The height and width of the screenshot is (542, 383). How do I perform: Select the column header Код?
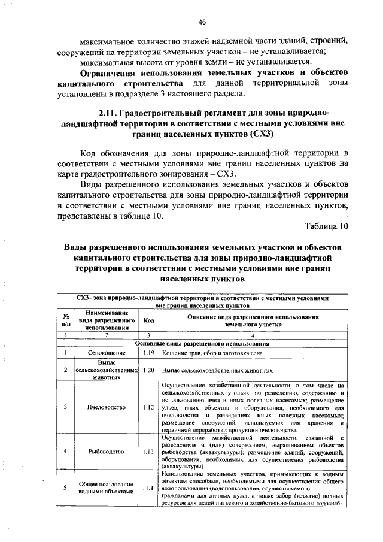click(x=149, y=320)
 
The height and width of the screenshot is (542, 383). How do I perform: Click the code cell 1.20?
click(x=149, y=370)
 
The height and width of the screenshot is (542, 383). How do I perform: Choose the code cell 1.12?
click(x=149, y=407)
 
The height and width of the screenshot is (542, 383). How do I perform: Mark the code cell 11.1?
click(x=149, y=488)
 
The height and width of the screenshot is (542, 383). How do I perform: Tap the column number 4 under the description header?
click(x=253, y=335)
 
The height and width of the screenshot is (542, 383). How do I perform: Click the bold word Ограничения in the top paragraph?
click(x=110, y=72)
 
